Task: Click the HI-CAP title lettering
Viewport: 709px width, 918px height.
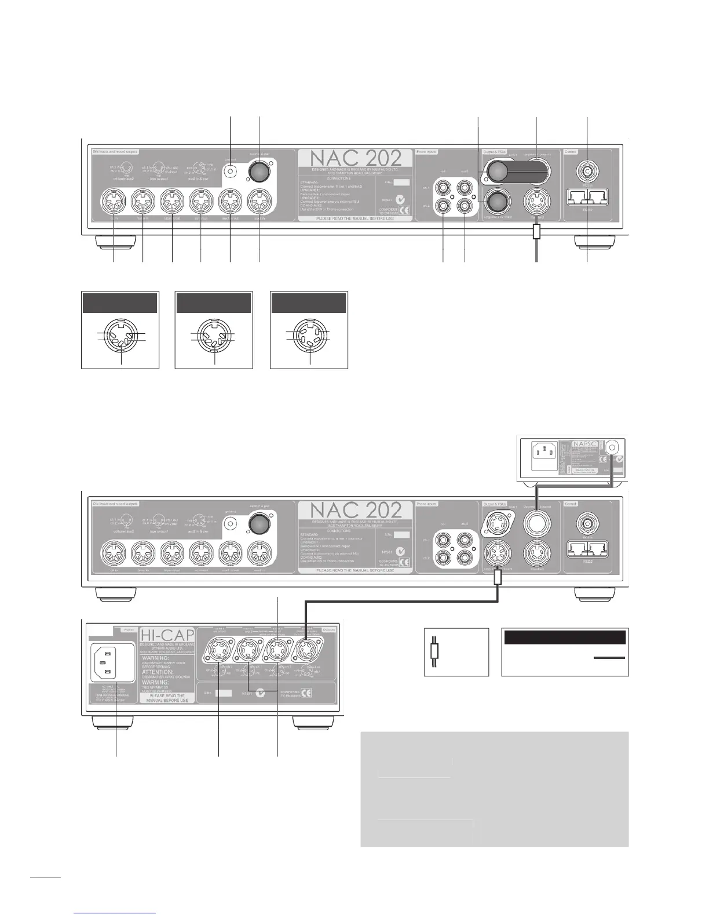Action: pyautogui.click(x=166, y=639)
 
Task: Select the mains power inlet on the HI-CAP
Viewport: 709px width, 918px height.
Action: pyautogui.click(x=108, y=662)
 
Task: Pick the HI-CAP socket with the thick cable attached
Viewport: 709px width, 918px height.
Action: pyautogui.click(x=306, y=653)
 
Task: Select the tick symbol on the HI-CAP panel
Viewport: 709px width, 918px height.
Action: pyautogui.click(x=261, y=693)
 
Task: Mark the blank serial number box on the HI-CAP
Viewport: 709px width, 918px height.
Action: pyautogui.click(x=224, y=693)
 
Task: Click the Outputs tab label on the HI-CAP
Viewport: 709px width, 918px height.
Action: pyautogui.click(x=328, y=629)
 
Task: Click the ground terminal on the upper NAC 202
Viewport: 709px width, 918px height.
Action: pyautogui.click(x=231, y=172)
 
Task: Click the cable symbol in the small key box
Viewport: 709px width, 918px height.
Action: pyautogui.click(x=436, y=652)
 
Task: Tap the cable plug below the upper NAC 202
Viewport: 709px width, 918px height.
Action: pyautogui.click(x=536, y=233)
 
